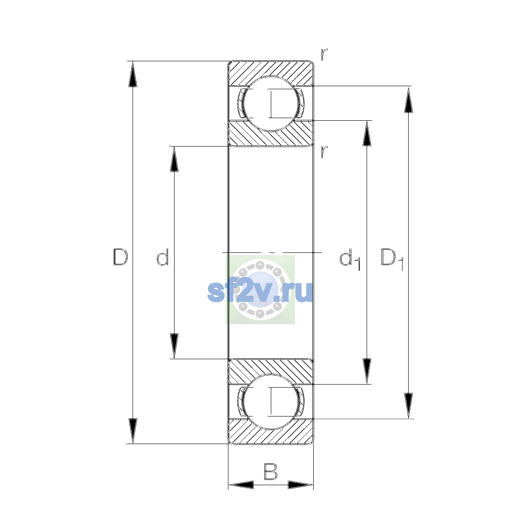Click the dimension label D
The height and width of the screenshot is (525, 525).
coord(120,257)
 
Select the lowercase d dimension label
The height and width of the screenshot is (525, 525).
coord(163,257)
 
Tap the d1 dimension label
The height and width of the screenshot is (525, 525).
coord(350,259)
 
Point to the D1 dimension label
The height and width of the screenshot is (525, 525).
coord(392,259)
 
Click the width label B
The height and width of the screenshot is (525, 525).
coord(270,472)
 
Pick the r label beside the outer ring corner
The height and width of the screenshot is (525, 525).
coord(324,55)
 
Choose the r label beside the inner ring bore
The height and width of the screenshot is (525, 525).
coord(324,152)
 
